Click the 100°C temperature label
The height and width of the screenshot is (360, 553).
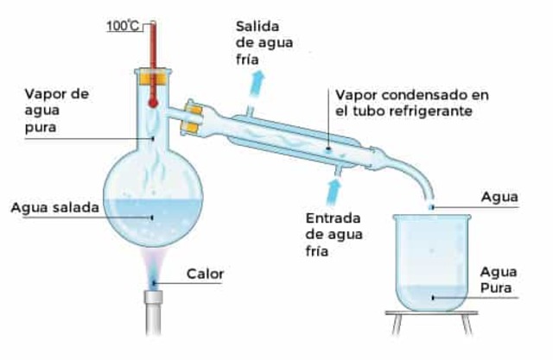pos(123,25)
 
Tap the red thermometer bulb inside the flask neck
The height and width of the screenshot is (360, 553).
pos(153,101)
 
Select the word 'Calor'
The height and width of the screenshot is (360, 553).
pos(205,275)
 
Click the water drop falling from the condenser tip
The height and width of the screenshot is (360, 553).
pos(432,207)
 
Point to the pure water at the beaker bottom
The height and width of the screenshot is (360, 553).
pos(429,299)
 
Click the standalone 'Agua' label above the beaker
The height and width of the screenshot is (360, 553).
pos(499,197)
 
